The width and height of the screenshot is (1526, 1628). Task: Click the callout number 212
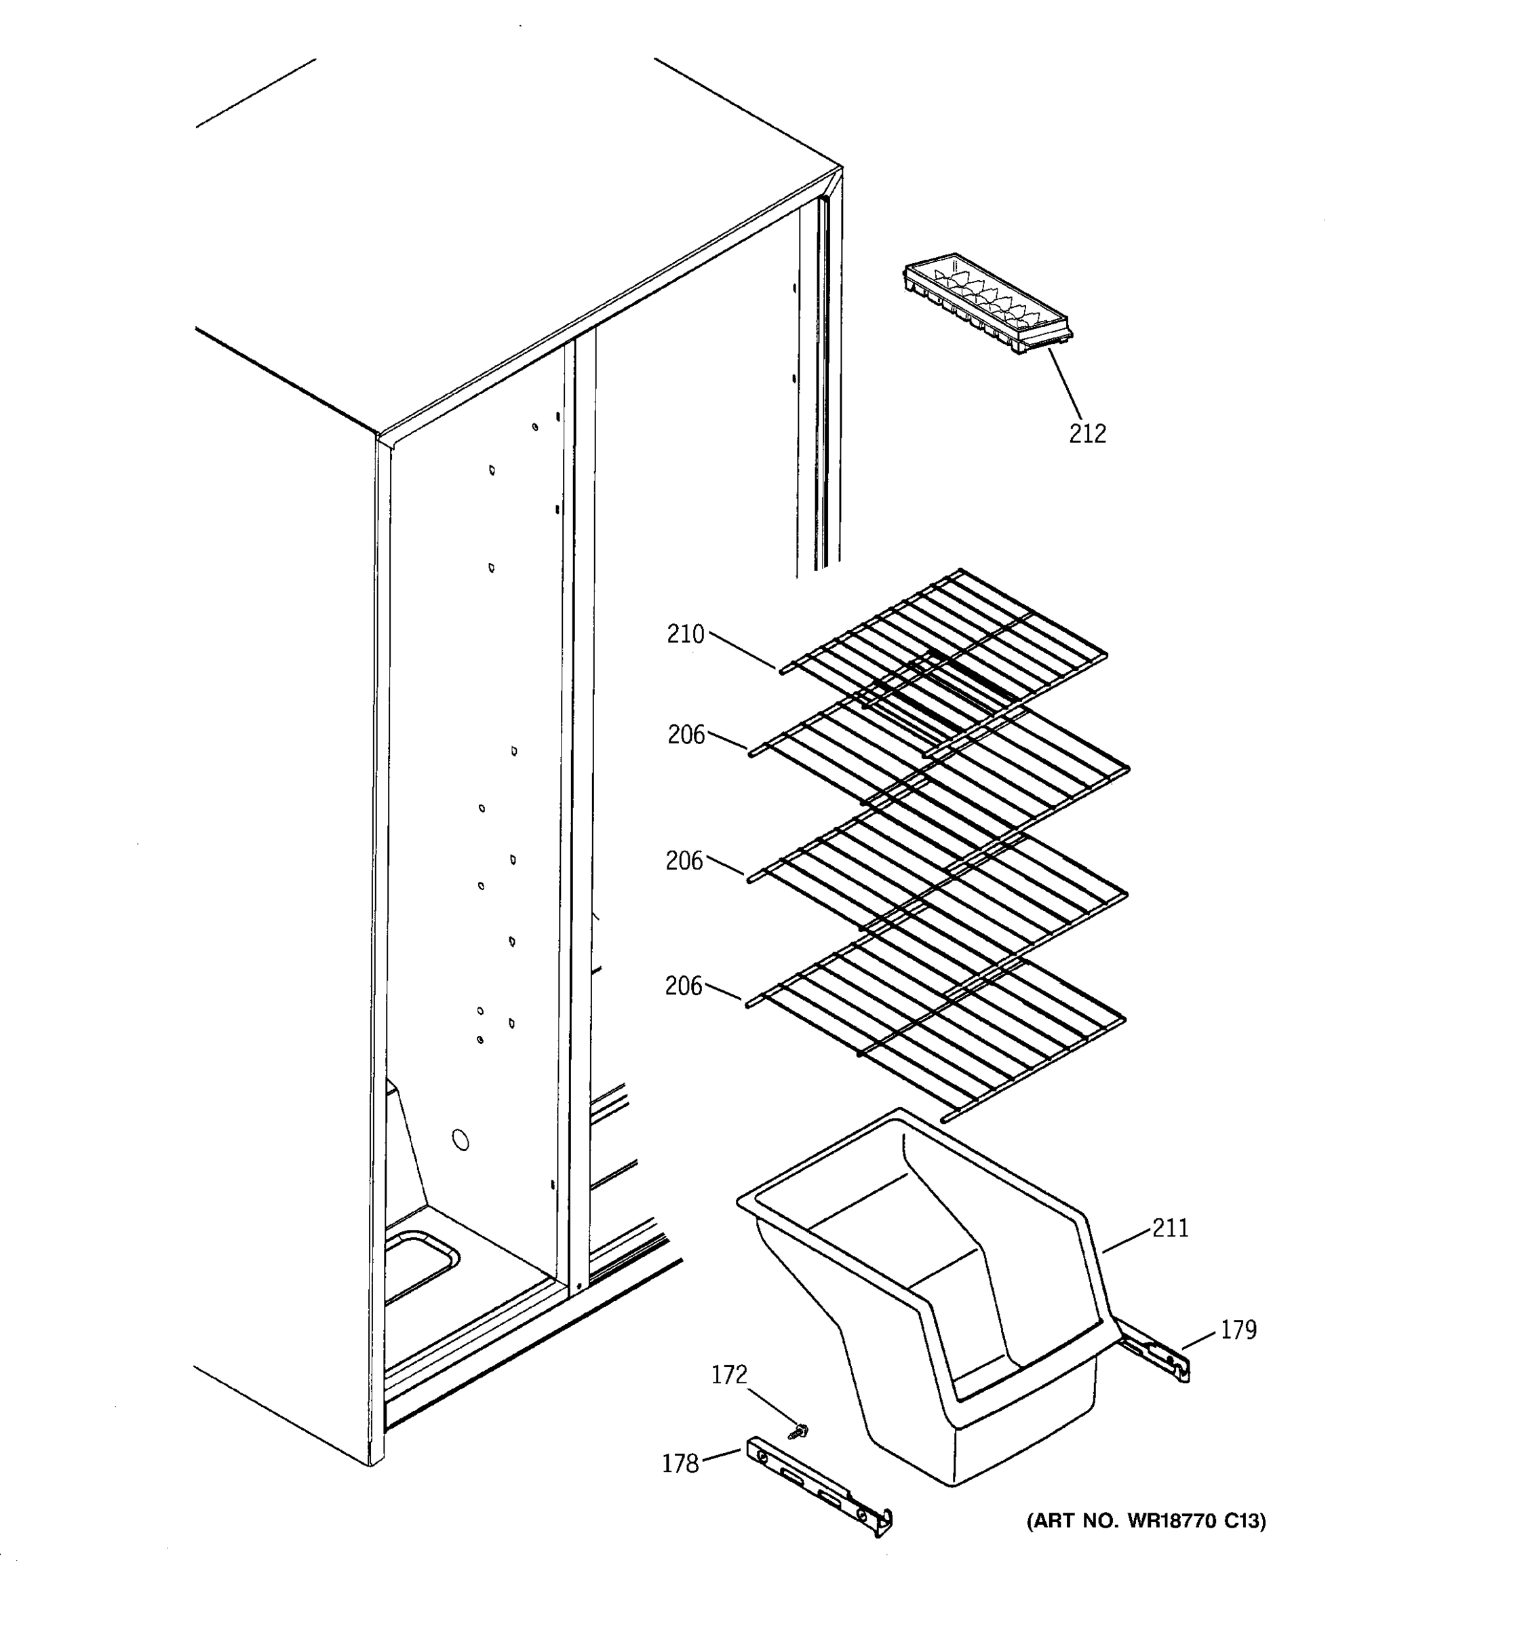pyautogui.click(x=1087, y=433)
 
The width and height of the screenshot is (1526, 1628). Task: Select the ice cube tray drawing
pyautogui.click(x=987, y=304)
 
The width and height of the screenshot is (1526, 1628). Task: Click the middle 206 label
pyautogui.click(x=684, y=860)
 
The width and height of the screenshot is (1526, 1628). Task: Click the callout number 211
pyautogui.click(x=1170, y=1228)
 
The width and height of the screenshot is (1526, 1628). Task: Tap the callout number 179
pyautogui.click(x=1238, y=1330)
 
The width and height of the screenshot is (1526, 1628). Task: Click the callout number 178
pyautogui.click(x=680, y=1462)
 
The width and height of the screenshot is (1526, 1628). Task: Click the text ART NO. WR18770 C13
pyautogui.click(x=1146, y=1521)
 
